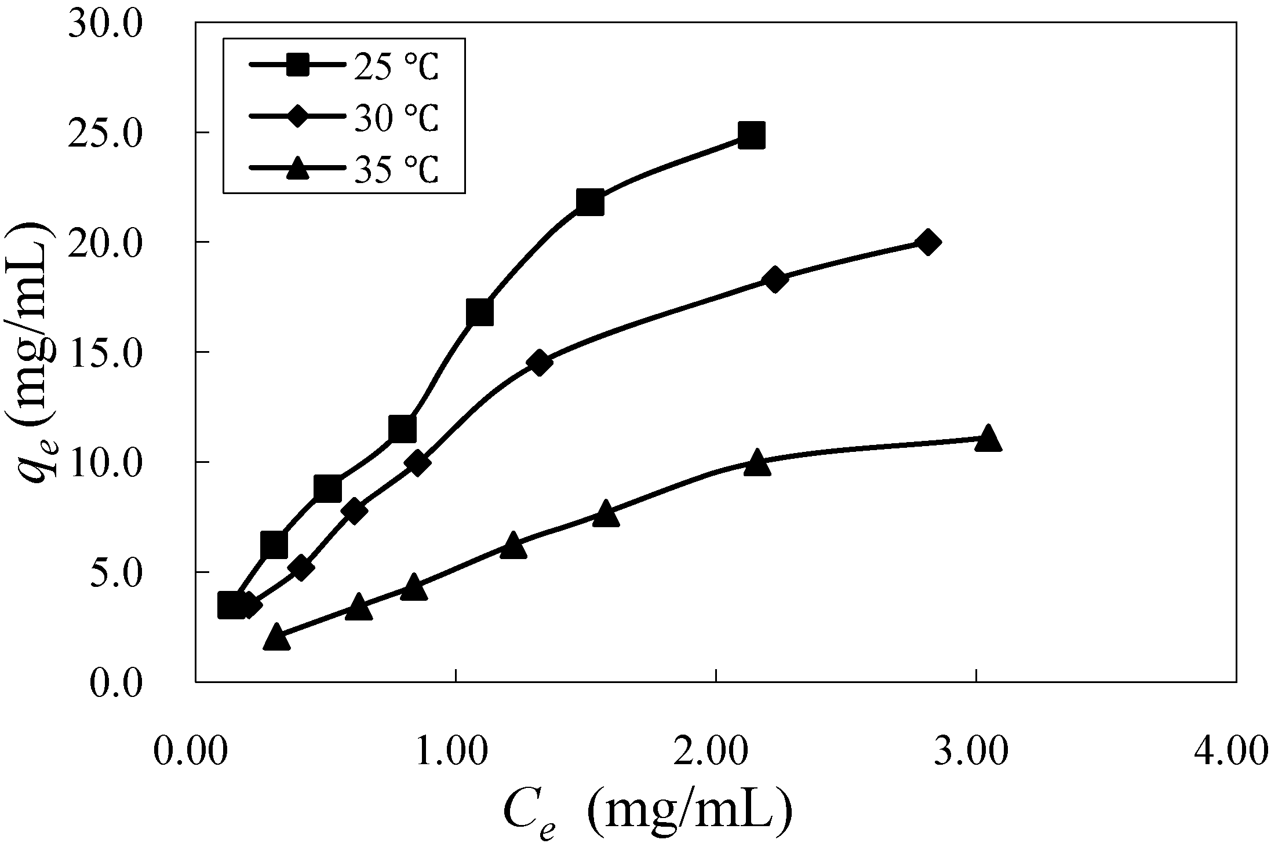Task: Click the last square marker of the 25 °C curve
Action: pyautogui.click(x=751, y=136)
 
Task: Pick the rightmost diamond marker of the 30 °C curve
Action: pyautogui.click(x=927, y=242)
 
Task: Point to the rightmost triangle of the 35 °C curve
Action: pyautogui.click(x=988, y=439)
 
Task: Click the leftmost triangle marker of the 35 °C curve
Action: pyautogui.click(x=276, y=637)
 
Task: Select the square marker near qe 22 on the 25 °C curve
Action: pyautogui.click(x=590, y=202)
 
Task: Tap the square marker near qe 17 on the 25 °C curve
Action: pyautogui.click(x=479, y=313)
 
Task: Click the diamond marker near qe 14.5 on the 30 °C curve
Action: pyautogui.click(x=539, y=363)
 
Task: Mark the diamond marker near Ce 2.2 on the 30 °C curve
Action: pyautogui.click(x=775, y=280)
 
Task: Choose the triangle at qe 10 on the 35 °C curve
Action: pyautogui.click(x=757, y=462)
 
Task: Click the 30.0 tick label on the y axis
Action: pyautogui.click(x=105, y=25)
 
